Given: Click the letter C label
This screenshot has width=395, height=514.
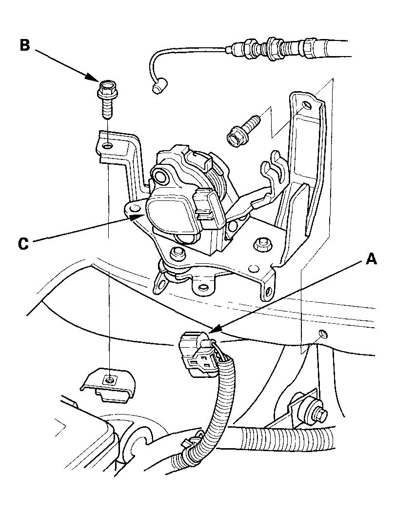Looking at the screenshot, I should [x=23, y=243].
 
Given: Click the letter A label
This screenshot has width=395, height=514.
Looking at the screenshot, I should [x=371, y=260].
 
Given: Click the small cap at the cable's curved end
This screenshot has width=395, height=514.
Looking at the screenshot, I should [x=158, y=88].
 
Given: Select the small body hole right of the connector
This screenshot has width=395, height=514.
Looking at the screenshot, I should [x=322, y=333].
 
